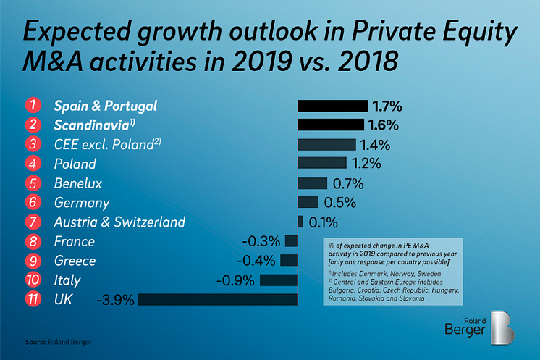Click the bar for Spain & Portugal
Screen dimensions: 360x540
coord(332,106)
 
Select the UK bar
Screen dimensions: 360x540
coord(217,298)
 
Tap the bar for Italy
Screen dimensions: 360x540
coord(279,280)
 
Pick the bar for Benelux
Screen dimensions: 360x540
coord(313,183)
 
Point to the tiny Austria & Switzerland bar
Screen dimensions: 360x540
coord(300,222)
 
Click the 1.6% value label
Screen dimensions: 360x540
coord(382,125)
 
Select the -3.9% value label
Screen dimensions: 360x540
coord(114,298)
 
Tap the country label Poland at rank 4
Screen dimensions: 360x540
coord(75,164)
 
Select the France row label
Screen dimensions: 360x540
coord(74,241)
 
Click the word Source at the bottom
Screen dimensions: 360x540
coord(36,340)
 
